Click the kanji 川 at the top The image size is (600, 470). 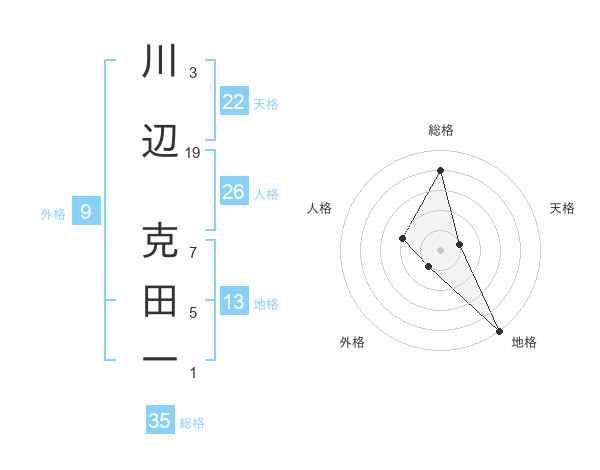click(161, 62)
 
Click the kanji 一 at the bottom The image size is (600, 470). click(161, 357)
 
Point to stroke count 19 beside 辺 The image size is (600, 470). click(193, 153)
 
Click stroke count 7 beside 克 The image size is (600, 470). click(193, 252)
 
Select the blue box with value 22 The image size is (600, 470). click(233, 102)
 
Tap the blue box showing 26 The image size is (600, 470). click(233, 192)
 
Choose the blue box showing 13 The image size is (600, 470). click(233, 303)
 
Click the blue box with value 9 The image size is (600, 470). click(86, 212)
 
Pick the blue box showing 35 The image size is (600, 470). click(160, 421)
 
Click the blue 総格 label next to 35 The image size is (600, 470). click(192, 423)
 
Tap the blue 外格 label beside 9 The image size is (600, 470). click(53, 213)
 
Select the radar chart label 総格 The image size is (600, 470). click(441, 130)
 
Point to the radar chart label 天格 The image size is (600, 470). click(562, 208)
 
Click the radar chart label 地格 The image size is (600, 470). click(524, 342)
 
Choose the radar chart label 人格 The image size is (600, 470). click(320, 208)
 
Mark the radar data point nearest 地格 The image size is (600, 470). click(498, 329)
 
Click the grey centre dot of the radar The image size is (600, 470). click(441, 249)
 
